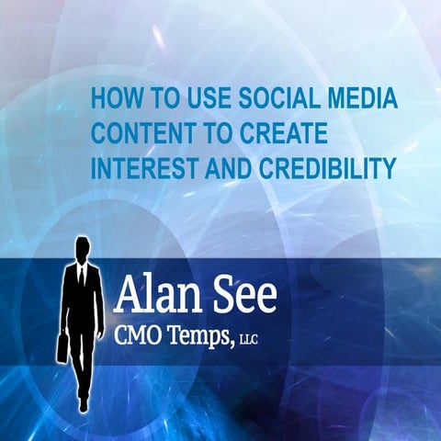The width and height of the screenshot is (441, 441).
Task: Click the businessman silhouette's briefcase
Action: (62, 347)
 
